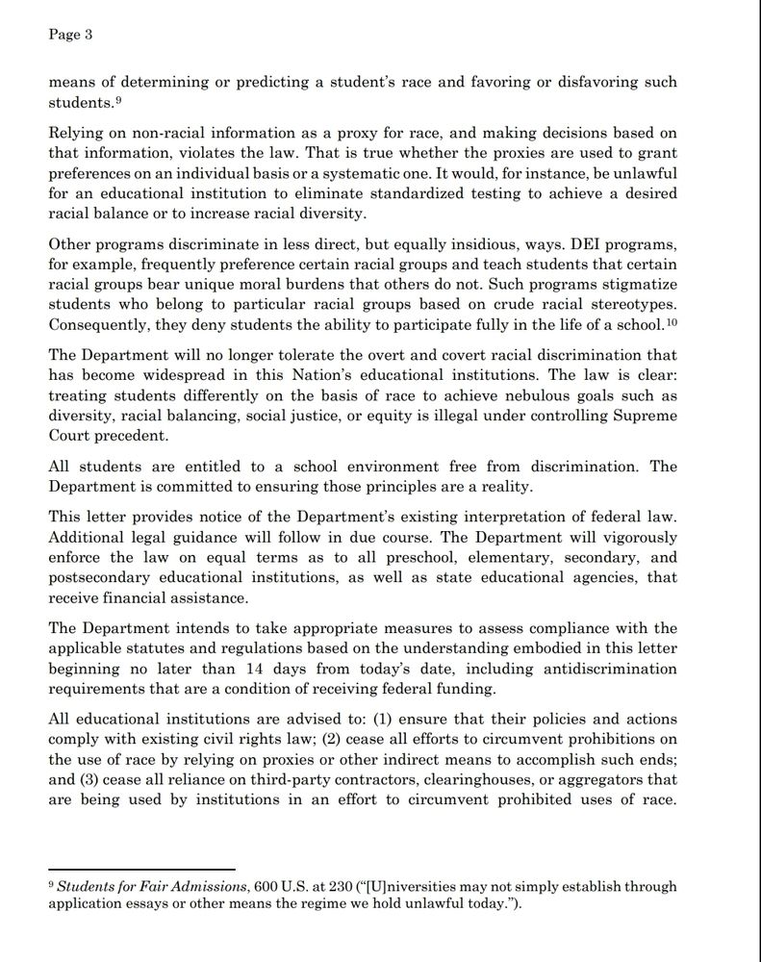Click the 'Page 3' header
click(69, 35)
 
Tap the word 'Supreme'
click(645, 417)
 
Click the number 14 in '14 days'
click(305, 669)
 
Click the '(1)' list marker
click(380, 720)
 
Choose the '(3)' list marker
click(94, 779)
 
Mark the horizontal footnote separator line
click(141, 870)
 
